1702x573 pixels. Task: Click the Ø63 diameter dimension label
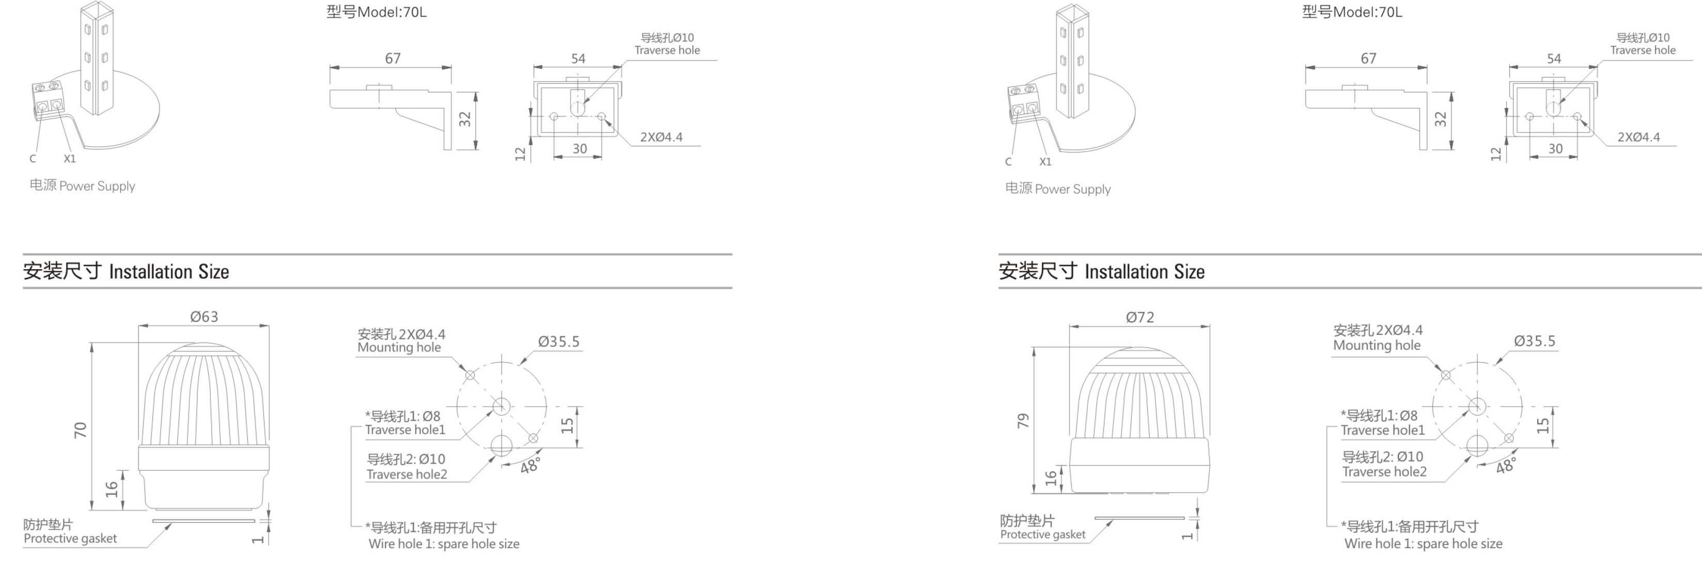pyautogui.click(x=204, y=317)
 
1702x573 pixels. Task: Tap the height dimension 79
pyautogui.click(x=1023, y=421)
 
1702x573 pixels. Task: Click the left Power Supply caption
pyautogui.click(x=82, y=185)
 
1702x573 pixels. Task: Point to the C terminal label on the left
pyautogui.click(x=33, y=159)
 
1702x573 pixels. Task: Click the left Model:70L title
pyautogui.click(x=376, y=12)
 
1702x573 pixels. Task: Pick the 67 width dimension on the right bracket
pyautogui.click(x=1368, y=58)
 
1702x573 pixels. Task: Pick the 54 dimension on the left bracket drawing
pyautogui.click(x=578, y=58)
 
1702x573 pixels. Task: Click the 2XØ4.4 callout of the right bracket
pyautogui.click(x=1638, y=137)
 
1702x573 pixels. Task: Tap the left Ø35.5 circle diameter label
pyautogui.click(x=558, y=342)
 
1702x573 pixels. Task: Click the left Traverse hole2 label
pyautogui.click(x=407, y=474)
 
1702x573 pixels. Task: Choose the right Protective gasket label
pyautogui.click(x=1042, y=534)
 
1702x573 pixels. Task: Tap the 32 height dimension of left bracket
pyautogui.click(x=464, y=119)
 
